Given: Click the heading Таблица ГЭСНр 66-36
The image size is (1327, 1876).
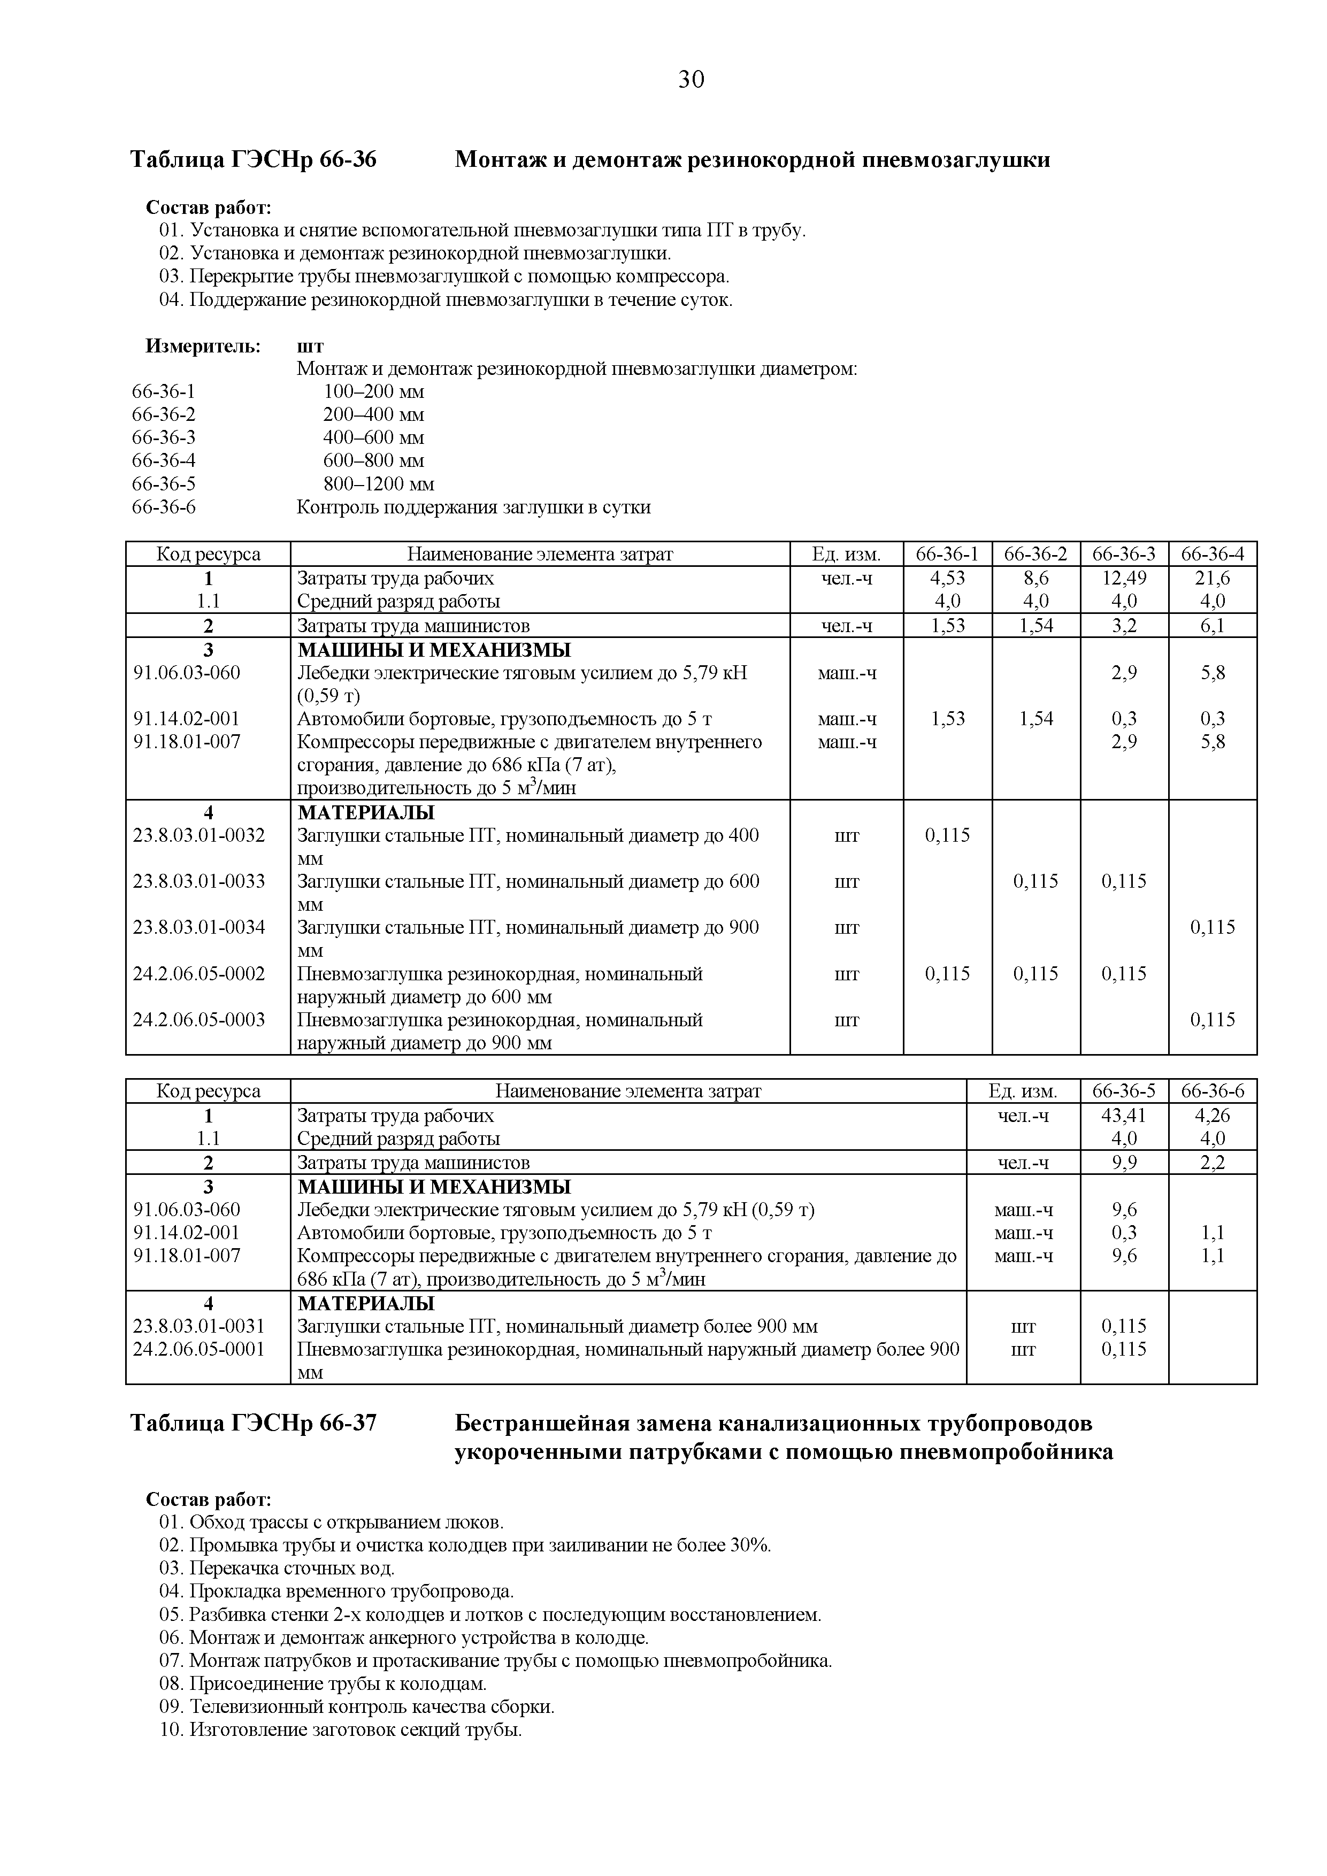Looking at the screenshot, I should tap(254, 159).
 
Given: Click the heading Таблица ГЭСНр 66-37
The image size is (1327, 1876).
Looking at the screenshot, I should tap(254, 1423).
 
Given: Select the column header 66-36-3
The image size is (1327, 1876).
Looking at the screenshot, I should tap(1124, 554).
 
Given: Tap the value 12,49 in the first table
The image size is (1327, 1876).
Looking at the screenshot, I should tap(1124, 578).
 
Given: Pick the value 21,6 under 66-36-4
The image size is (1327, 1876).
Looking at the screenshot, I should tap(1212, 578).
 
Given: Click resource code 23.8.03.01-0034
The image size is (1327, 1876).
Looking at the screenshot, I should tap(200, 927).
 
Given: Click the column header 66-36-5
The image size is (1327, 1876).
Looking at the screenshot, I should tap(1124, 1091).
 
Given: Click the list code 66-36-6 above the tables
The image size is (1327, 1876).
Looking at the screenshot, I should tap(164, 508).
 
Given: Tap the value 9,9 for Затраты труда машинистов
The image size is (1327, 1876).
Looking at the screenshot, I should tap(1124, 1163).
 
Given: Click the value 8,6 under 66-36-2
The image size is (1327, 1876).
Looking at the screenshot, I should tap(1035, 578).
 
